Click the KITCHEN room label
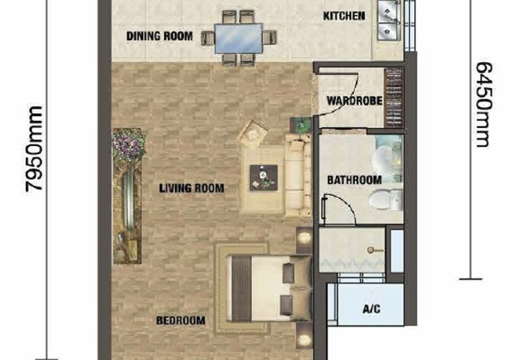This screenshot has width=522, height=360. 344,16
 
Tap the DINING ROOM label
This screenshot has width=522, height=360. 159,36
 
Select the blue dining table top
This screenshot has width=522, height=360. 239,38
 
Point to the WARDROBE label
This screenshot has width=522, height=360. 354,101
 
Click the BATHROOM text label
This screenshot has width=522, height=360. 354,180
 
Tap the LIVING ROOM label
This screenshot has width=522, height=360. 191,188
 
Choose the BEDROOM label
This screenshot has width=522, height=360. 181,320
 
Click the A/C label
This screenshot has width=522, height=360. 371,309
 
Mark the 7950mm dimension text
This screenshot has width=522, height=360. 34,149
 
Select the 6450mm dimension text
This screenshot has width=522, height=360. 484,104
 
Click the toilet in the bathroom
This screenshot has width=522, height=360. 386,200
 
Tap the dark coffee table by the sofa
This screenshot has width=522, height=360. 264,177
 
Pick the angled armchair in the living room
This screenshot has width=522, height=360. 253,134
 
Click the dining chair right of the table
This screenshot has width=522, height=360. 269,37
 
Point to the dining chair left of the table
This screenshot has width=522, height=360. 207,38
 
